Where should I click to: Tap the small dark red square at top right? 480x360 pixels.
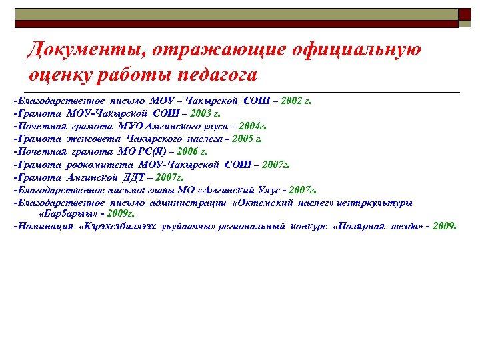click(465, 13)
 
